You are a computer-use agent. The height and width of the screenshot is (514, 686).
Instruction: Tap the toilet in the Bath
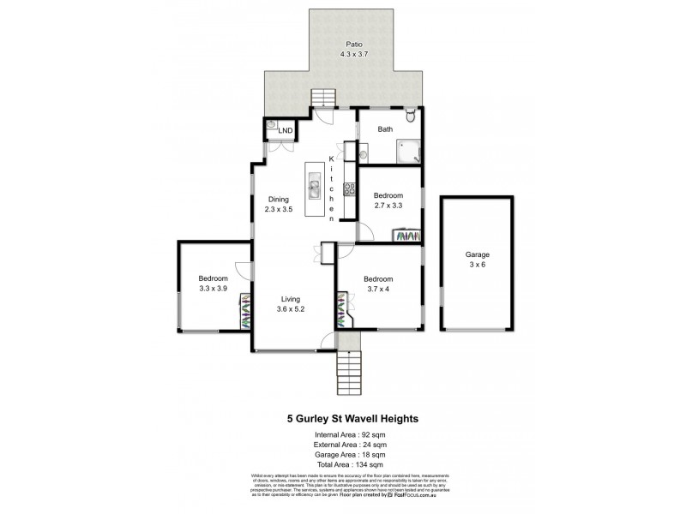click(411, 118)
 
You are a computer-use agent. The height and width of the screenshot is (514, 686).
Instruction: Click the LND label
click(286, 130)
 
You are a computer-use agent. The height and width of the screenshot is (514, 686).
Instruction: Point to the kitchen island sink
click(315, 189)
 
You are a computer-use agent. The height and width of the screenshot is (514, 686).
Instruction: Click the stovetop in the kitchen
click(349, 190)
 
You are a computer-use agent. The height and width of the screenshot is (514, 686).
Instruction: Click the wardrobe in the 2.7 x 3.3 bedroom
click(406, 235)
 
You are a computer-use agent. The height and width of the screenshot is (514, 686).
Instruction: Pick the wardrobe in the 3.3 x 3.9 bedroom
click(245, 313)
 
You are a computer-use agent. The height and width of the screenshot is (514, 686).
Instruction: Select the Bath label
click(386, 130)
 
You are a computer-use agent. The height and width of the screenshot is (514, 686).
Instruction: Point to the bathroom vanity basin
click(364, 155)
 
